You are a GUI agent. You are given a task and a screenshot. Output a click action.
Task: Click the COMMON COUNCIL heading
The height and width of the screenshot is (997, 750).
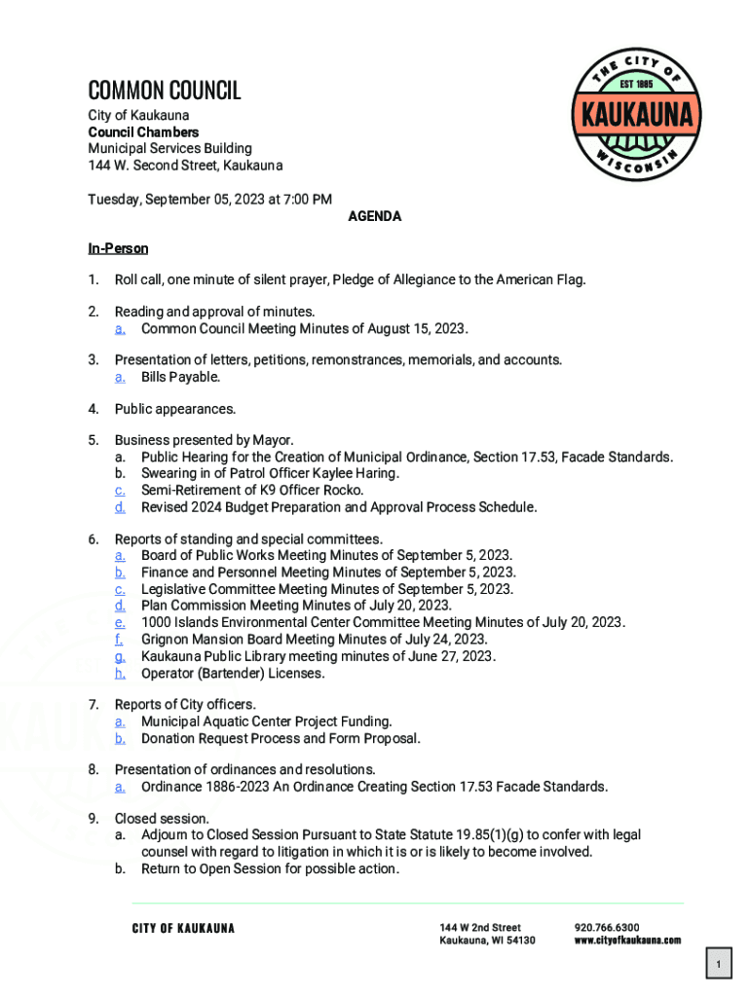point(164,91)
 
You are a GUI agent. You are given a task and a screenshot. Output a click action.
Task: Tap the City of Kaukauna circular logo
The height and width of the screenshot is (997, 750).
point(637,115)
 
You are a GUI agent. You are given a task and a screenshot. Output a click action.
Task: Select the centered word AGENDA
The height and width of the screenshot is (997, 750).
point(375,216)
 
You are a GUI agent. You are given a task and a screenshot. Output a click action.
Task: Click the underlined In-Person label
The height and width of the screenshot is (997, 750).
point(118,249)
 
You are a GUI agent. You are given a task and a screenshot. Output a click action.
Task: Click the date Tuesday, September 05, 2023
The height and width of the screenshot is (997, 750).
point(170,200)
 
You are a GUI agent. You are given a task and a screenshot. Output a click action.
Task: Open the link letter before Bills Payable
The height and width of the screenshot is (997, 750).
point(120,377)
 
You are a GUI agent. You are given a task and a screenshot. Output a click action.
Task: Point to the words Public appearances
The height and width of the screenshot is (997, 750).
point(175,409)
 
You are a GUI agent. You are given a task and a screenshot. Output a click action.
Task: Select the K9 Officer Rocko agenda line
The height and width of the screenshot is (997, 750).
point(252,490)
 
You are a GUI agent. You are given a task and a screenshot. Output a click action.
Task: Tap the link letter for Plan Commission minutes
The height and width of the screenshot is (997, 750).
point(120,606)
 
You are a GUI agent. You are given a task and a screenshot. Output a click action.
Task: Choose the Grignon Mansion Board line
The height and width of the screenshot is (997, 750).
point(314,640)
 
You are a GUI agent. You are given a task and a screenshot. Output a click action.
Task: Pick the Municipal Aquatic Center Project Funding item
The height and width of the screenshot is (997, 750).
point(266,721)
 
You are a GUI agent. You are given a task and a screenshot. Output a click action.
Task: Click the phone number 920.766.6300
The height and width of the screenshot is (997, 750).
point(607,928)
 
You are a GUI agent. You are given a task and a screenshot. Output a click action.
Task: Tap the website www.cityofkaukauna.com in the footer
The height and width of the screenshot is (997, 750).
point(627,941)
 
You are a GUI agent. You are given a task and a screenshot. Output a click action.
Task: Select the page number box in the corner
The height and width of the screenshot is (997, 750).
point(718,965)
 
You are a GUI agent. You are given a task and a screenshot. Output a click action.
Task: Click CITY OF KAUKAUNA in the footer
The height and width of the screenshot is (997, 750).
point(183,928)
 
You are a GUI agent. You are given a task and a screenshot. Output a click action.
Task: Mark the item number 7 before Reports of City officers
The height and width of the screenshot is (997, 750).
point(94,704)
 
